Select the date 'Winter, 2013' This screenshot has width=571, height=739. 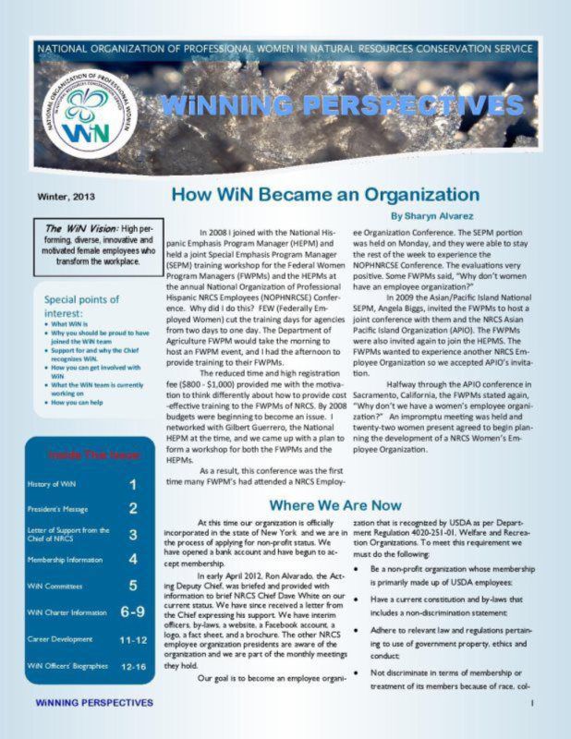coord(66,197)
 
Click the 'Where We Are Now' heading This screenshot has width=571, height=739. coord(334,505)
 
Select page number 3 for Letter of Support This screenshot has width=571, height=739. coord(133,534)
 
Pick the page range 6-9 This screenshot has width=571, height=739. coord(132,612)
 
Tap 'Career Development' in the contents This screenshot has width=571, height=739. coord(64,638)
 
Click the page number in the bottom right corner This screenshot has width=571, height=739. coord(533,703)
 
